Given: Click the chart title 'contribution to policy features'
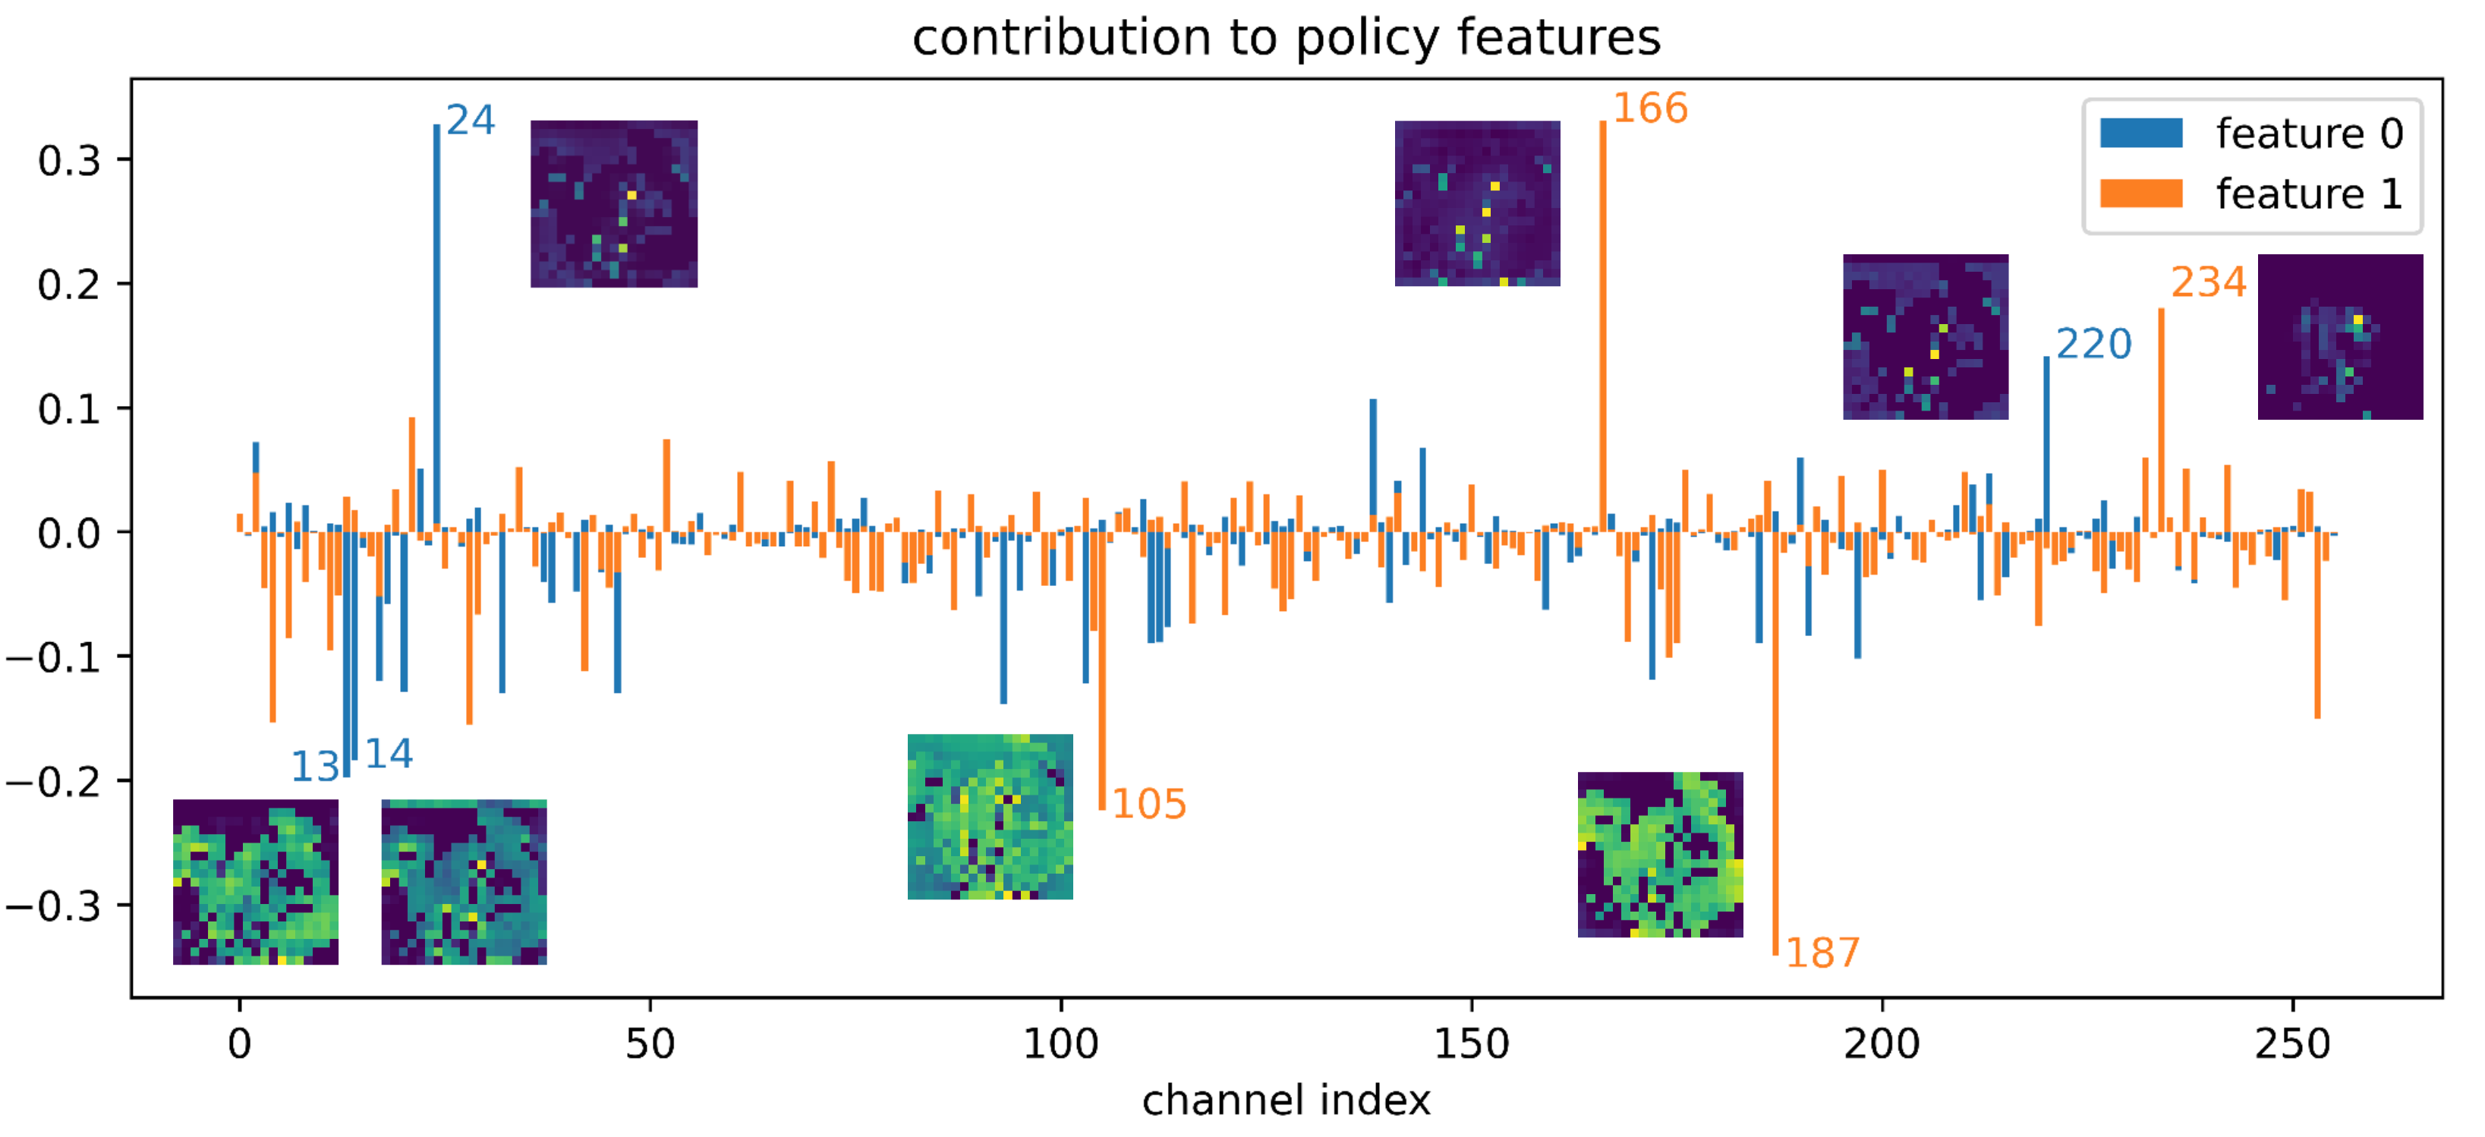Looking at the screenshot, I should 1286,39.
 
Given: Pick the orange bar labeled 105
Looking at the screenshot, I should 1101,675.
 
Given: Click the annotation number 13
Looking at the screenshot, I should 314,767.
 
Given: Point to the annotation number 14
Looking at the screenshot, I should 389,753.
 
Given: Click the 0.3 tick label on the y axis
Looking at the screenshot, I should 70,160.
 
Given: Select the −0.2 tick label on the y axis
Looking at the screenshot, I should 54,781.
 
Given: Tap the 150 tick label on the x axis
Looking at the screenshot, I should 1471,1044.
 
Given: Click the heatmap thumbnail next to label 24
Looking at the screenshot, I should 613,203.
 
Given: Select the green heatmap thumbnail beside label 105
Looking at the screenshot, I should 990,817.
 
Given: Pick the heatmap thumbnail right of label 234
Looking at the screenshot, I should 2339,336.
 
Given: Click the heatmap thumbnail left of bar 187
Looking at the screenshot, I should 1660,855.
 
